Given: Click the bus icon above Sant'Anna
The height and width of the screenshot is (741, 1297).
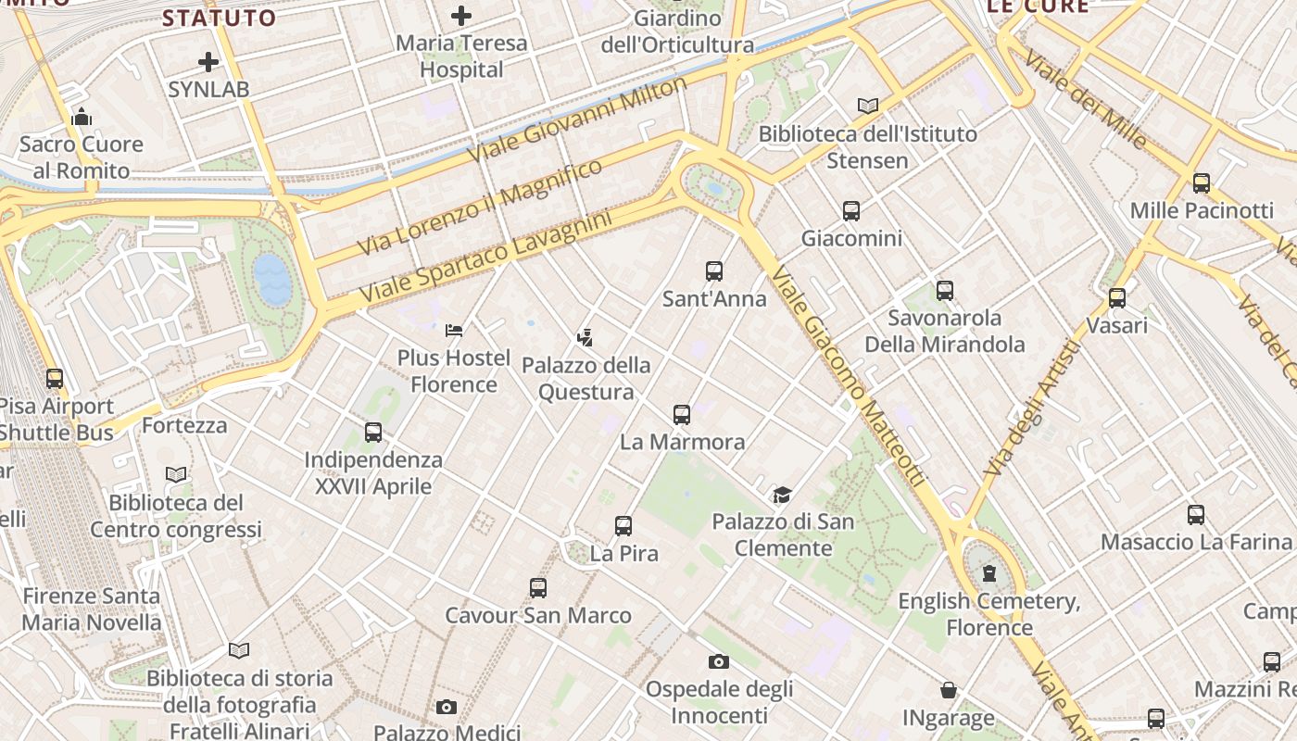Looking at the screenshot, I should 713,270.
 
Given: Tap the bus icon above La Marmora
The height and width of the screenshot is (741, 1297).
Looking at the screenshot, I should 682,414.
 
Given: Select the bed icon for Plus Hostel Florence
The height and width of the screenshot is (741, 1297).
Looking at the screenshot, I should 454,330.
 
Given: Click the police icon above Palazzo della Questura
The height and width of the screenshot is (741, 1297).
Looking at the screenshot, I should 585,336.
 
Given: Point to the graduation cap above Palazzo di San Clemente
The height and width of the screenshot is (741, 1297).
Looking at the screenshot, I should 783,494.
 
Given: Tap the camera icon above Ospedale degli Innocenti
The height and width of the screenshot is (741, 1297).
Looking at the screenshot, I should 718,661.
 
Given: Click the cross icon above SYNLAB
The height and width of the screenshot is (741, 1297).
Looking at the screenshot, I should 208,62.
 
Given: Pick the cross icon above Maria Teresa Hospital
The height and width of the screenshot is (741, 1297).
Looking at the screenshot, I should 460,15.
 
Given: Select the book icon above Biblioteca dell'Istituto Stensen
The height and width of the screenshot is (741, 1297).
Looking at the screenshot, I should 867,106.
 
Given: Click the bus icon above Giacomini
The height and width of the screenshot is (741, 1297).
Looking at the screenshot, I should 851,210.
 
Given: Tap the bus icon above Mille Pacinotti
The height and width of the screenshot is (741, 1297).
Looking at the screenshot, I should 1202,182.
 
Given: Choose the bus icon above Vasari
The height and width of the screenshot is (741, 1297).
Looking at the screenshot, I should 1117,297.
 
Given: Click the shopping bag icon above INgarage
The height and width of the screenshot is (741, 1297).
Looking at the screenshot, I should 949,690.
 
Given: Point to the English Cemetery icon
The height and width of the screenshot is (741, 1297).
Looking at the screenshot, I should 989,573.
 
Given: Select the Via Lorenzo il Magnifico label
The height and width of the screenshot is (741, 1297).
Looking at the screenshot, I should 480,207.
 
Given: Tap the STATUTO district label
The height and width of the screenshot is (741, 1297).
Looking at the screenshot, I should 220,18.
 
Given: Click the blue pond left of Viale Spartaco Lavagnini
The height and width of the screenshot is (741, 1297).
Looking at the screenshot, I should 272,279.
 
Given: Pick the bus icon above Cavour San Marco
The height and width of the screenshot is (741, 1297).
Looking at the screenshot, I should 538,587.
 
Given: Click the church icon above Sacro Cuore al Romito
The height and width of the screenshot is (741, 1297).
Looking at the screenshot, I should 82,117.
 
